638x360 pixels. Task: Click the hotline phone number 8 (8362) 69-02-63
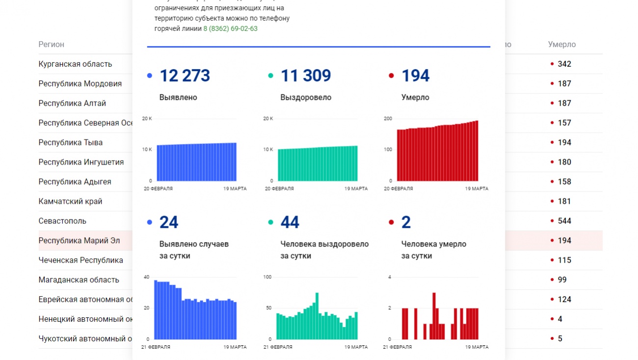pyautogui.click(x=230, y=28)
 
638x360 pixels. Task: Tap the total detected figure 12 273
pyautogui.click(x=185, y=76)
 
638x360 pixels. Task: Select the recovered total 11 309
pyautogui.click(x=305, y=76)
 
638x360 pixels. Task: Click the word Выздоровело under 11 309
pyautogui.click(x=306, y=97)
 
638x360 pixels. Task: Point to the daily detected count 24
pyautogui.click(x=169, y=222)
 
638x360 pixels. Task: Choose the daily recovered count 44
pyautogui.click(x=290, y=222)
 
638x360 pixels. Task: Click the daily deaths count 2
pyautogui.click(x=406, y=222)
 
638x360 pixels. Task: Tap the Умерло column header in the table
pyautogui.click(x=562, y=44)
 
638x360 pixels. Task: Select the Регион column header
pyautogui.click(x=52, y=44)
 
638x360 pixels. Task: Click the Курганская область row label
pyautogui.click(x=75, y=64)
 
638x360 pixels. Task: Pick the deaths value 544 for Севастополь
pyautogui.click(x=564, y=221)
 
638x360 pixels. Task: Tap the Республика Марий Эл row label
pyautogui.click(x=79, y=241)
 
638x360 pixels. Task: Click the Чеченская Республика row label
pyautogui.click(x=80, y=260)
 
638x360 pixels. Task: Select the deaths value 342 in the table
pyautogui.click(x=564, y=64)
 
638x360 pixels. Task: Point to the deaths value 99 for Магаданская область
pyautogui.click(x=562, y=280)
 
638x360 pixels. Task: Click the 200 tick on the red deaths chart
pyautogui.click(x=388, y=119)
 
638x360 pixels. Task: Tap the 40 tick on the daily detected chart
pyautogui.click(x=146, y=277)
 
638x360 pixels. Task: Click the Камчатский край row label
pyautogui.click(x=70, y=201)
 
